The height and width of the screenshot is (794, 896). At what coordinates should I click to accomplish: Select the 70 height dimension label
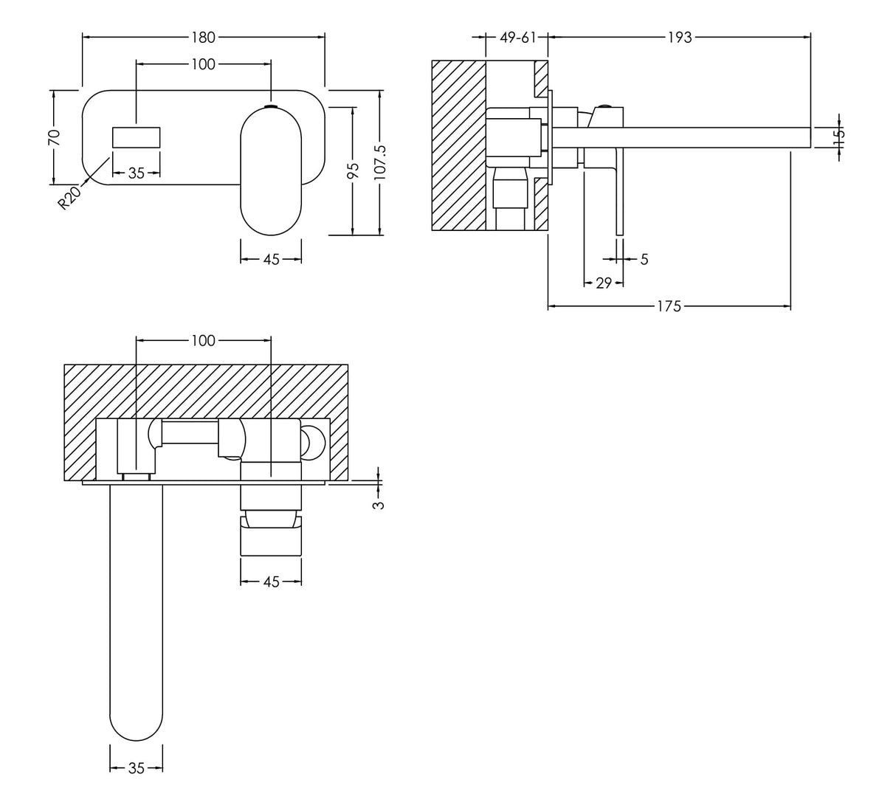coord(54,137)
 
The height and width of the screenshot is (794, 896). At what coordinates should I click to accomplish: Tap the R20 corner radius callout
coord(70,198)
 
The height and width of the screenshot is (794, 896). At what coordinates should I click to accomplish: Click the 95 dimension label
coord(353,170)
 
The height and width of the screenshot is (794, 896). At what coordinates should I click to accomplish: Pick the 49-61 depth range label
coord(517,37)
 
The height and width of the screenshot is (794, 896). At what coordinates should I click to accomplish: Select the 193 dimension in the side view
coord(680,37)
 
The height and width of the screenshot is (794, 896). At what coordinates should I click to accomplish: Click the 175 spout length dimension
coord(669,306)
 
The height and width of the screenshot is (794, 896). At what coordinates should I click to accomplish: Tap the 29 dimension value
coord(603,283)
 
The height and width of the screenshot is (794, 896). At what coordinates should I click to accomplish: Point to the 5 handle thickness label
coord(644,259)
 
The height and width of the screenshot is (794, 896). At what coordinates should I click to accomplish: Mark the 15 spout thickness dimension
coord(838,137)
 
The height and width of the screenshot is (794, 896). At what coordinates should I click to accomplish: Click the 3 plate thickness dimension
coord(379,505)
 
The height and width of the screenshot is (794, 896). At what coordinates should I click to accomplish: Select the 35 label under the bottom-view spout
coord(137,768)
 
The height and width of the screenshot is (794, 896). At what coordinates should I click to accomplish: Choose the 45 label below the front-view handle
coord(271,260)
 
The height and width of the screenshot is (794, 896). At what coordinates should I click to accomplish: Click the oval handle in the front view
coord(271,170)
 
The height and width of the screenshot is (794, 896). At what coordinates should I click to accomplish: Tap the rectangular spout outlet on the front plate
coord(137,138)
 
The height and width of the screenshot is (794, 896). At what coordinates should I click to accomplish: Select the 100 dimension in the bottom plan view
coord(203,340)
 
